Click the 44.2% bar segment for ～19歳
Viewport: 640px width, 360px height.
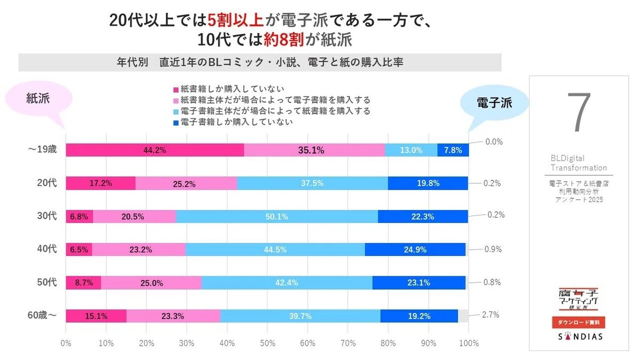tap(155, 150)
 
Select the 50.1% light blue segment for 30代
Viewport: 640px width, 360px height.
tap(276, 217)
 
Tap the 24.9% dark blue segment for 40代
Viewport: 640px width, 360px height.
tap(415, 250)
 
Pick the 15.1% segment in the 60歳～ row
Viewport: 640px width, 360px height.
tap(96, 316)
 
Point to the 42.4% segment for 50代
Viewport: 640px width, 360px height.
tap(286, 283)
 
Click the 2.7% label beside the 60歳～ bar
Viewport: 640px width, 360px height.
tap(490, 315)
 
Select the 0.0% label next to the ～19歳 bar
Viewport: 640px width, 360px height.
tap(494, 142)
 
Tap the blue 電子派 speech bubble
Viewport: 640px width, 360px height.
tap(493, 103)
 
